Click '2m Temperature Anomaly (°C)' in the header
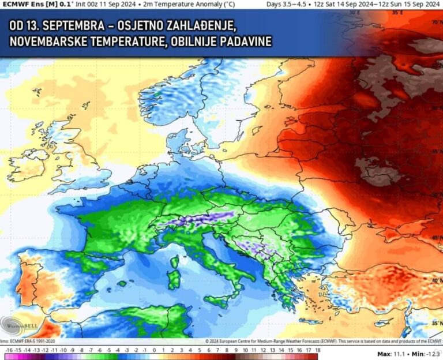click(x=172, y=4)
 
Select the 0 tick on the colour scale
click(x=153, y=350)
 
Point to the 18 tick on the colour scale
click(x=317, y=350)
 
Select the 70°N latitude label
click(x=437, y=22)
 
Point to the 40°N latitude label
click(x=437, y=280)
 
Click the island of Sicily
click(x=217, y=300)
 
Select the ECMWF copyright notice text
click(x=323, y=342)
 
